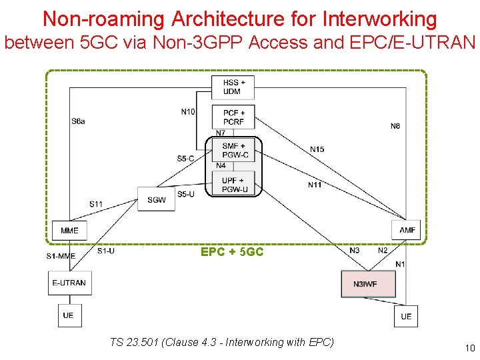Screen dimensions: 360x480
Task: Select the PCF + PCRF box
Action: click(234, 117)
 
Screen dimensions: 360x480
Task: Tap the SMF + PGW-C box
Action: click(234, 151)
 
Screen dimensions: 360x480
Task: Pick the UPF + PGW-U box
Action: click(234, 185)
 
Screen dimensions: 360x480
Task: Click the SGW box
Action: click(157, 199)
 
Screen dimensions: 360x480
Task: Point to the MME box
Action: click(69, 231)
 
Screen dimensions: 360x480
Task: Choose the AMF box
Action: click(407, 231)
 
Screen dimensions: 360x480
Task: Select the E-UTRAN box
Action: click(69, 283)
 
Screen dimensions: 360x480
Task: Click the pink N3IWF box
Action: click(368, 284)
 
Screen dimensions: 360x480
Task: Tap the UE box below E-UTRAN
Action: click(68, 315)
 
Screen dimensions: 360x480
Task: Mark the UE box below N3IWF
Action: click(406, 316)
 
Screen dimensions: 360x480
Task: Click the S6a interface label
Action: click(78, 121)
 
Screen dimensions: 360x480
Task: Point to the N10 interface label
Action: click(188, 111)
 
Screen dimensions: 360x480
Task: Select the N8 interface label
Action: click(395, 126)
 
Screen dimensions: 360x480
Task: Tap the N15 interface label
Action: click(317, 149)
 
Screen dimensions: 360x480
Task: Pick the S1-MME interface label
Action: click(61, 256)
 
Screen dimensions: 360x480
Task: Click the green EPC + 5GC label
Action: click(232, 253)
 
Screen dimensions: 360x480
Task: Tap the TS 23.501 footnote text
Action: click(221, 343)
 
